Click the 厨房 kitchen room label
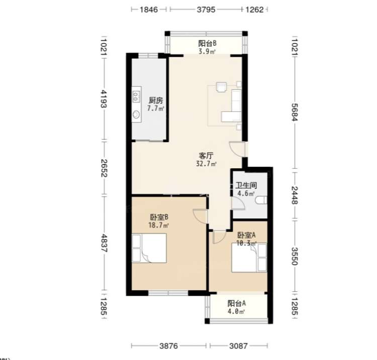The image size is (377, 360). (x=156, y=100)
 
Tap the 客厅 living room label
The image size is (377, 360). (x=206, y=156)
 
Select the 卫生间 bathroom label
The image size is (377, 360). (x=246, y=185)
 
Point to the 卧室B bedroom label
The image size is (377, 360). (x=159, y=217)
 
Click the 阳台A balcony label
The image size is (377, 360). (x=237, y=304)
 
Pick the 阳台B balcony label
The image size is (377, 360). (x=207, y=43)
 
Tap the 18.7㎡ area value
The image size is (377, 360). (x=158, y=225)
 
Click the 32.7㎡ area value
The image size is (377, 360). (x=206, y=164)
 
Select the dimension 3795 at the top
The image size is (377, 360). (x=206, y=10)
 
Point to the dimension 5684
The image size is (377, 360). (x=295, y=112)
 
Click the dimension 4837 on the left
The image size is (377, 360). (x=104, y=243)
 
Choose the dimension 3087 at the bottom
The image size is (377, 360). (x=238, y=346)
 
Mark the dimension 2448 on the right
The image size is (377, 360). (x=295, y=195)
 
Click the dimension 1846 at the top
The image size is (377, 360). (x=149, y=10)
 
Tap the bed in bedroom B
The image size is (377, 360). (x=149, y=248)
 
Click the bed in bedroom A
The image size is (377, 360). (x=249, y=258)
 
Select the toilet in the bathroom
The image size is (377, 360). (x=261, y=200)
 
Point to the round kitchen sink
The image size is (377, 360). (x=136, y=114)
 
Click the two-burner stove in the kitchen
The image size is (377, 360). (x=136, y=96)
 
